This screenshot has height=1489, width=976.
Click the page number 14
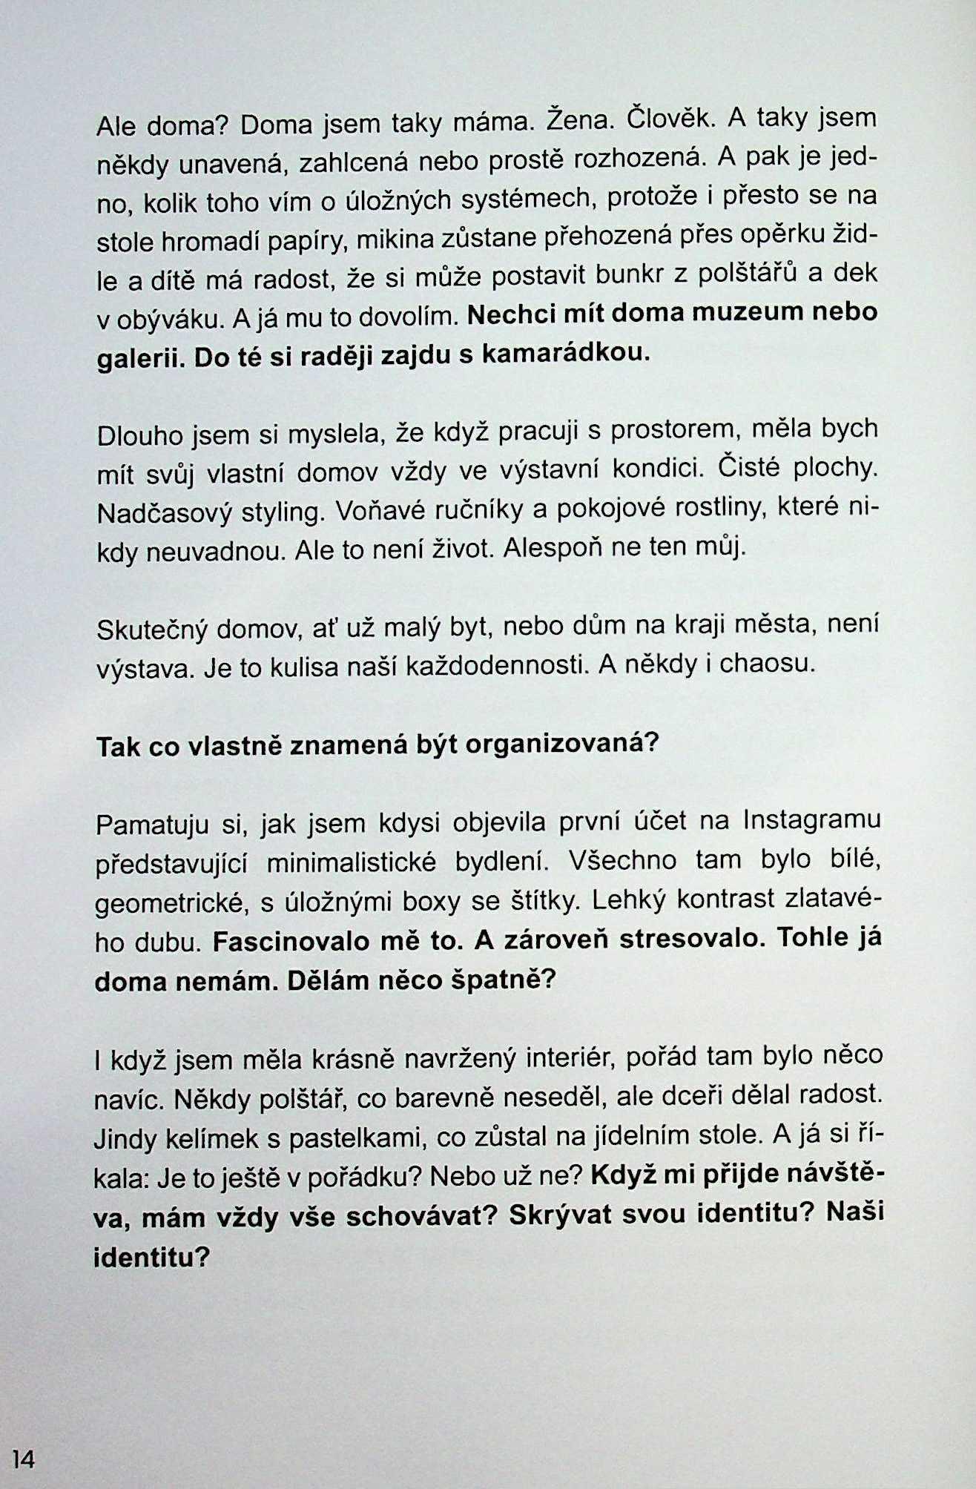pyautogui.click(x=22, y=1460)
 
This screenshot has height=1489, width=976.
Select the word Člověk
pyautogui.click(x=670, y=119)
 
